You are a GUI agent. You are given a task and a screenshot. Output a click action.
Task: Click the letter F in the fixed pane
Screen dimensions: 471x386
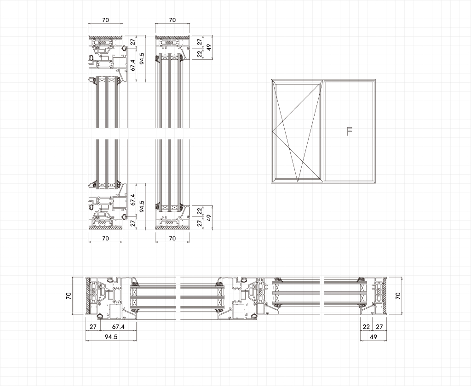349,131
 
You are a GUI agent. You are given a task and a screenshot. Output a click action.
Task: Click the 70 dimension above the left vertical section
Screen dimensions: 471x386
105,20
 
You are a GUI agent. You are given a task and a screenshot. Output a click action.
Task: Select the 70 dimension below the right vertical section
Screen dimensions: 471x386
172,238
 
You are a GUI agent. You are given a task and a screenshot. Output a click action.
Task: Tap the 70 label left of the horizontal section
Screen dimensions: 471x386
69,296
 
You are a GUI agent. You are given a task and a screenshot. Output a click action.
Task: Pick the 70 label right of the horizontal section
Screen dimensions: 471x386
398,296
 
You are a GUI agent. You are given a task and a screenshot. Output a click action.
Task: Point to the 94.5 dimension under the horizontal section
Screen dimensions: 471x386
111,337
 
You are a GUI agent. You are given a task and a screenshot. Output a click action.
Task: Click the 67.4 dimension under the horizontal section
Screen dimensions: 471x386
118,327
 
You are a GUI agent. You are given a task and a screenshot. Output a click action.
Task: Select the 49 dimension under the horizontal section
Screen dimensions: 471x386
373,337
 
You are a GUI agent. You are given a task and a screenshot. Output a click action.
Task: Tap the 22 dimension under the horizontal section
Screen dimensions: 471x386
367,327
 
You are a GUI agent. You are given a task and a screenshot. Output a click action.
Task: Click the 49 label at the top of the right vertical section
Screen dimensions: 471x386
209,47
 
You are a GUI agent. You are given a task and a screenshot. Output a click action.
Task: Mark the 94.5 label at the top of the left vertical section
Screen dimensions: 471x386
142,59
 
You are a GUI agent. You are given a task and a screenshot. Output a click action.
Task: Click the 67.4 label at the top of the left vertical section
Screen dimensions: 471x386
133,65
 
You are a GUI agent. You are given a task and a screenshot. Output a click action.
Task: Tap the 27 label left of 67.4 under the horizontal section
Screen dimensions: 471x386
93,327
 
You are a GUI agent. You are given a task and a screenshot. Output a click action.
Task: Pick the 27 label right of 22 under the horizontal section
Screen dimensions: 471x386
379,327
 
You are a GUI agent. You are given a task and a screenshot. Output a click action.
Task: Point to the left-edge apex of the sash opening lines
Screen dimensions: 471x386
272,131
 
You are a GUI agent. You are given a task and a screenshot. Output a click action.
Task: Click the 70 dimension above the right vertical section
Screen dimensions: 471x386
172,20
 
